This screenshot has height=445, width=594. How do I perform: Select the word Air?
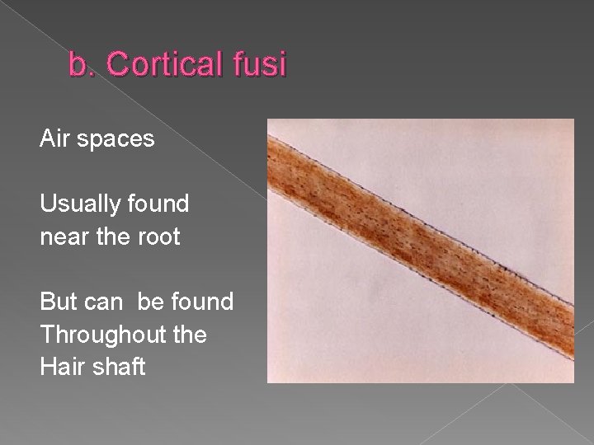pyautogui.click(x=54, y=139)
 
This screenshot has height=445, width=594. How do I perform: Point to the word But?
pyautogui.click(x=58, y=302)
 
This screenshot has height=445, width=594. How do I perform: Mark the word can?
pyautogui.click(x=102, y=302)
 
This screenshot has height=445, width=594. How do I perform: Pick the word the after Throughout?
pyautogui.click(x=186, y=335)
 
